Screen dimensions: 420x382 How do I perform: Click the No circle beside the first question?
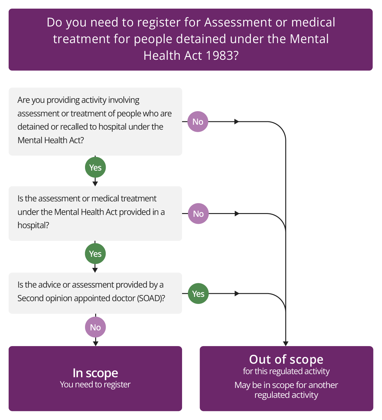pyautogui.click(x=198, y=122)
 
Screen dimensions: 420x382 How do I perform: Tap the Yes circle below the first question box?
pyautogui.click(x=95, y=168)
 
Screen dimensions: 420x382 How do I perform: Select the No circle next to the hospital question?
pyautogui.click(x=198, y=214)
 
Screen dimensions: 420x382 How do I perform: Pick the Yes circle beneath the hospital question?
pyautogui.click(x=95, y=254)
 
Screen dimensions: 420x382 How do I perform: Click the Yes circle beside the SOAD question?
pyautogui.click(x=198, y=294)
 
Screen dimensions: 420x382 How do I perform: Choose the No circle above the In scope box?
pyautogui.click(x=95, y=327)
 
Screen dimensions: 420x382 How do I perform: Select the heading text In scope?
pyautogui.click(x=95, y=373)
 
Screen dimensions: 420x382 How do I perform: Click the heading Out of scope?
pyautogui.click(x=286, y=359)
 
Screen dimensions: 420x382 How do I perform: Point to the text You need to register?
pyautogui.click(x=95, y=385)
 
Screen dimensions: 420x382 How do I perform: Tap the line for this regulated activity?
pyautogui.click(x=286, y=371)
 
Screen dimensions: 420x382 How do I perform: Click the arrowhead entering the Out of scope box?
pyautogui.click(x=286, y=343)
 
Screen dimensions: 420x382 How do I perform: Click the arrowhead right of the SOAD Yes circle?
pyautogui.click(x=237, y=294)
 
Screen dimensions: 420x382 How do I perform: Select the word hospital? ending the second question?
pyautogui.click(x=33, y=225)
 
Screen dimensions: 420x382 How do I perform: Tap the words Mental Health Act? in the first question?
pyautogui.click(x=51, y=140)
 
